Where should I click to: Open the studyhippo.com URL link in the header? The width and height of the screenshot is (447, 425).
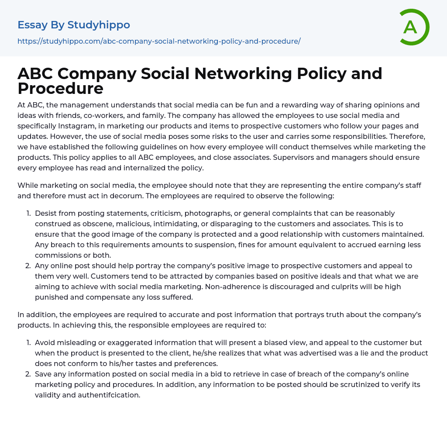[159, 41]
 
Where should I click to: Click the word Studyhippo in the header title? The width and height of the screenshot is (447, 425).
[99, 25]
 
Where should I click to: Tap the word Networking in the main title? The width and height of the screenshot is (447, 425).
[242, 74]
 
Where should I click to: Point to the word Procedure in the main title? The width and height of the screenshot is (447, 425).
[60, 88]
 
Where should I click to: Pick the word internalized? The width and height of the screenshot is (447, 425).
[144, 168]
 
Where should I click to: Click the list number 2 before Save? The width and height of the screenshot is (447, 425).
[28, 374]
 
